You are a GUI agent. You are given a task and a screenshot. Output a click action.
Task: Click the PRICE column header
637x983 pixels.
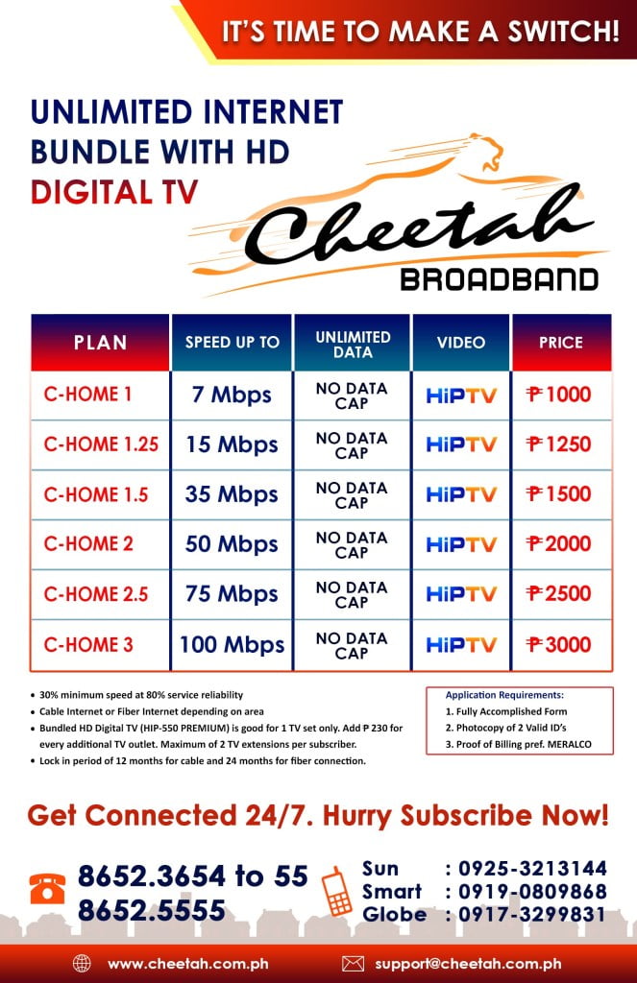(561, 343)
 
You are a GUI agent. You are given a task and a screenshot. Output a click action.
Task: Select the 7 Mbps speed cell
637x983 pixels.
(232, 395)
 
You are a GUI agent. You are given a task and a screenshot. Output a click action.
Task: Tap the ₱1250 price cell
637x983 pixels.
(558, 444)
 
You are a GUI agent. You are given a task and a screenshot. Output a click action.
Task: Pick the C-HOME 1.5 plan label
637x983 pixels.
(96, 494)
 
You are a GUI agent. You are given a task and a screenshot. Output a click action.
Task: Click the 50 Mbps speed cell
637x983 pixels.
(232, 544)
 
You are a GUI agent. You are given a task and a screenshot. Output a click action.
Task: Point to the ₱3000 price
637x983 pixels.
(558, 644)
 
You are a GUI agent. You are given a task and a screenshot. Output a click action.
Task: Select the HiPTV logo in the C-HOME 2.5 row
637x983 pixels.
(461, 593)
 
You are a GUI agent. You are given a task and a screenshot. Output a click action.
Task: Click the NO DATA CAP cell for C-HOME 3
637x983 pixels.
(352, 646)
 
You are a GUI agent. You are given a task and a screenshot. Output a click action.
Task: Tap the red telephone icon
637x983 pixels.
(47, 889)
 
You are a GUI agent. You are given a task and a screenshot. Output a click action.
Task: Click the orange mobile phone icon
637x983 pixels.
(336, 891)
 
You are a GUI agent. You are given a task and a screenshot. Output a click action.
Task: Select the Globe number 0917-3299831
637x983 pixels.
(532, 915)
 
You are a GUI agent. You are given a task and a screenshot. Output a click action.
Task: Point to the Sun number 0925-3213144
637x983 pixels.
(532, 868)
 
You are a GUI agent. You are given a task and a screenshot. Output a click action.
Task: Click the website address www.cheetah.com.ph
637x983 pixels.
(188, 964)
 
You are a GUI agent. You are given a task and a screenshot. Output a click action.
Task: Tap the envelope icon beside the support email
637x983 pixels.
(353, 964)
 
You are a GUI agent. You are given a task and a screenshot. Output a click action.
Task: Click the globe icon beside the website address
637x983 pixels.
(82, 964)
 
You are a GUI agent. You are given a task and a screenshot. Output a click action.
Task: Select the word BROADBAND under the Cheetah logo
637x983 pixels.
(500, 279)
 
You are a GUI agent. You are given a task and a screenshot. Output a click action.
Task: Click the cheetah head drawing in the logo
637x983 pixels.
(486, 151)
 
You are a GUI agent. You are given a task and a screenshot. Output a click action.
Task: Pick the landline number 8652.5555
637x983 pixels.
(151, 910)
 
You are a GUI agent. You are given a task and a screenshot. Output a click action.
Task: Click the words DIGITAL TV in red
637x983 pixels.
(114, 192)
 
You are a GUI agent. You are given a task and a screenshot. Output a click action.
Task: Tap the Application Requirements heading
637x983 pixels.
(504, 695)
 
